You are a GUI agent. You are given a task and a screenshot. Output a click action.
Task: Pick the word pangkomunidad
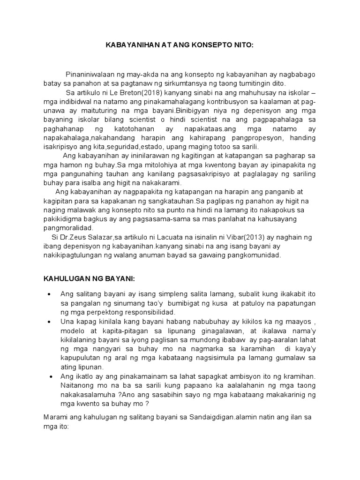pos(252,255)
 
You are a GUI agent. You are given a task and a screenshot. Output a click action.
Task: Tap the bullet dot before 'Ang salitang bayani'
pos(49,294)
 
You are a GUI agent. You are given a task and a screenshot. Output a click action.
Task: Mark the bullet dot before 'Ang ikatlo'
pos(49,376)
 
